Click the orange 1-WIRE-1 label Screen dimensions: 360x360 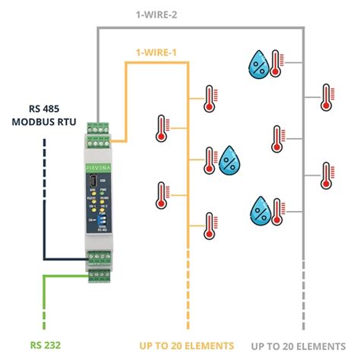coord(156,52)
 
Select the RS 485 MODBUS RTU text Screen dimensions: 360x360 coord(45,118)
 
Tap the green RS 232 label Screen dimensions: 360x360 coord(46,345)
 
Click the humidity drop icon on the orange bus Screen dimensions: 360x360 coord(230,161)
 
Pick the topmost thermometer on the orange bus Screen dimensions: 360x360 coord(209,96)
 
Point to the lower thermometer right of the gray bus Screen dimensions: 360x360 coord(327,173)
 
